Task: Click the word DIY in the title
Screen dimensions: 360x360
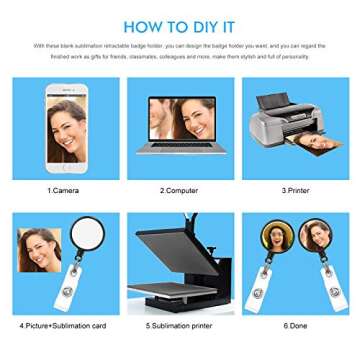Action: (211, 26)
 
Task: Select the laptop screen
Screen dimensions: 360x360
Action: (181, 119)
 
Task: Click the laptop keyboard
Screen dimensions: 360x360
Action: (181, 150)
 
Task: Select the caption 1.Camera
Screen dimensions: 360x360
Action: (65, 190)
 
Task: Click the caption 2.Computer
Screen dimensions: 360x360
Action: (179, 190)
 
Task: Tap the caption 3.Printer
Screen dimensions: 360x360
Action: (296, 190)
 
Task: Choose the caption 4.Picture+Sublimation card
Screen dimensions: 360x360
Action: (65, 326)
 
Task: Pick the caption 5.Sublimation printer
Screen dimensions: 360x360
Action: (179, 326)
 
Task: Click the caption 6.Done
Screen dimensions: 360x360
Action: (296, 326)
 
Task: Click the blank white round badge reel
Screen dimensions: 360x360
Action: (89, 236)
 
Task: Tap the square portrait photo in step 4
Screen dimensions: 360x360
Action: (40, 251)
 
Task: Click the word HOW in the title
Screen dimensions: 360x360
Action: (145, 26)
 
